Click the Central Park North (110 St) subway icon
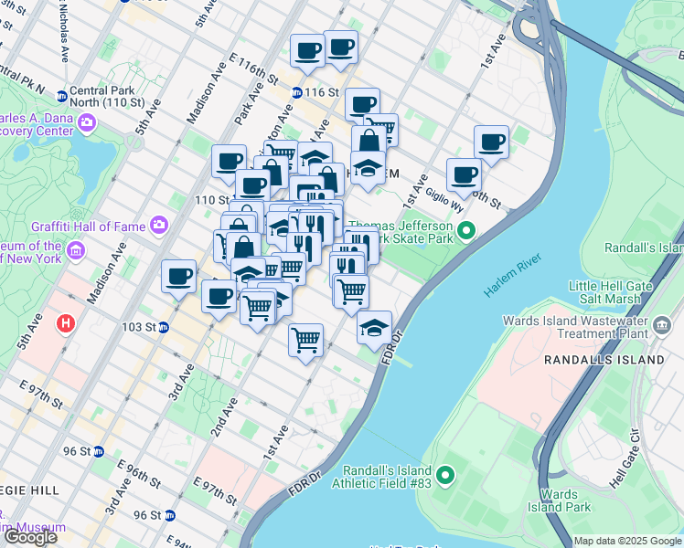61,95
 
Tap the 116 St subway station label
322,93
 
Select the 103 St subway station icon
163,327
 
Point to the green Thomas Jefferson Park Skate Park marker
466,229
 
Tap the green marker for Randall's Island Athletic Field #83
445,474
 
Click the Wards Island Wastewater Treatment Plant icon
662,324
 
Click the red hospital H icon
65,322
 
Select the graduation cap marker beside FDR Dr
373,328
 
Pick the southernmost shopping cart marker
305,340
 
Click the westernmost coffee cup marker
178,276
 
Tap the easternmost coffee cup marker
491,142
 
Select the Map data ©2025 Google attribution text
627,541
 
